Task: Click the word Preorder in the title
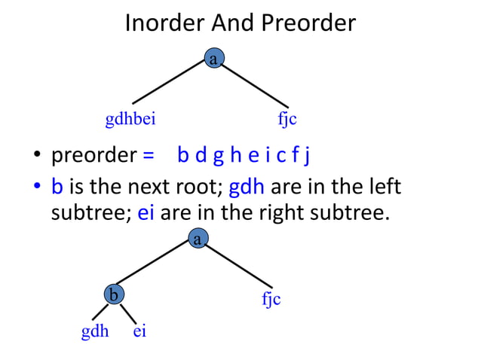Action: click(x=309, y=23)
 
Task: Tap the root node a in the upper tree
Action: click(x=214, y=59)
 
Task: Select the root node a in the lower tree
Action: click(x=197, y=240)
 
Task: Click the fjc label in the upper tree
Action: click(x=287, y=119)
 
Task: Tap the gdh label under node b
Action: click(x=95, y=331)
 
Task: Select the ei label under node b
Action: click(x=139, y=331)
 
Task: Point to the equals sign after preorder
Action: click(x=149, y=157)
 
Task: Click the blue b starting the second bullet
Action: click(x=57, y=186)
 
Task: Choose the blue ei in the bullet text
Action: click(x=146, y=213)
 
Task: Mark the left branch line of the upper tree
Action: click(x=170, y=81)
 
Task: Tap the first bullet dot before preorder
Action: click(x=35, y=158)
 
